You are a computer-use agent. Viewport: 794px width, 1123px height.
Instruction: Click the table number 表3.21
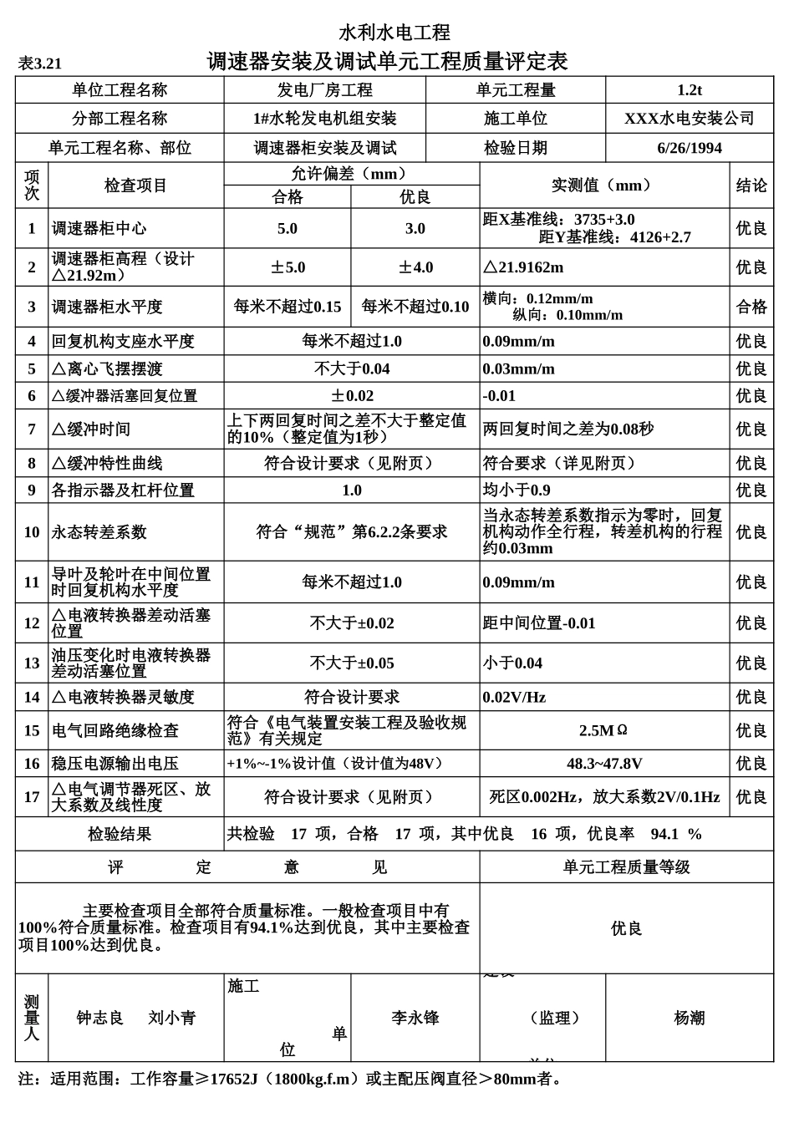(x=39, y=64)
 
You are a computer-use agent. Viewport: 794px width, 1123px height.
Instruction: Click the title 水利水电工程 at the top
(x=394, y=33)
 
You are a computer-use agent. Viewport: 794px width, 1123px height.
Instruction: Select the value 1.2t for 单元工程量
(x=690, y=90)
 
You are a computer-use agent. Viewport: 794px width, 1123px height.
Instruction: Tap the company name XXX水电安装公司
(x=690, y=119)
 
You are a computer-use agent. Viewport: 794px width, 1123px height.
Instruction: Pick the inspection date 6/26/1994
(x=690, y=148)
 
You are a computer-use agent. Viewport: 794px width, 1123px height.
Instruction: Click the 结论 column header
(x=751, y=185)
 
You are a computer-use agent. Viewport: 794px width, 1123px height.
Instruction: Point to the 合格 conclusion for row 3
(x=751, y=307)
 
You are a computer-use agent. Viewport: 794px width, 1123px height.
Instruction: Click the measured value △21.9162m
(x=524, y=267)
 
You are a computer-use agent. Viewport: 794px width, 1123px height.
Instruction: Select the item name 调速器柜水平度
(x=107, y=307)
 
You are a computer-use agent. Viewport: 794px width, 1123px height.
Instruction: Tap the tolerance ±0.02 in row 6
(x=352, y=396)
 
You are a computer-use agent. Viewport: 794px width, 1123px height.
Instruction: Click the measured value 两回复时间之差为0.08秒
(x=568, y=429)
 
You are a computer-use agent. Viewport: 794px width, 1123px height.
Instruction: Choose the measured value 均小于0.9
(x=517, y=490)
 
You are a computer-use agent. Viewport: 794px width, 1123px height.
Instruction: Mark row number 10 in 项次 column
(x=32, y=532)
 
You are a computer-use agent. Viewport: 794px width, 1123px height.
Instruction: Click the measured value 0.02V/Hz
(x=514, y=697)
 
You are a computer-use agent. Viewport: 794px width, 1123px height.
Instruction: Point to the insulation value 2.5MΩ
(x=603, y=730)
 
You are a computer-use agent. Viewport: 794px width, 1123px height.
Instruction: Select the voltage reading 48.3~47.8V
(x=603, y=763)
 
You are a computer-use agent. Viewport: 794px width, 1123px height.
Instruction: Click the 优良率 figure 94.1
(x=664, y=834)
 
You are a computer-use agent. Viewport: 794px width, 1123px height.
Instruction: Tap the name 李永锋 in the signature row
(x=415, y=1018)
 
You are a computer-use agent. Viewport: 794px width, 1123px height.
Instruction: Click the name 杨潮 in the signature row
(x=690, y=1018)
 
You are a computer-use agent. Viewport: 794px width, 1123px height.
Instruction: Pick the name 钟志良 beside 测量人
(x=100, y=1018)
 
